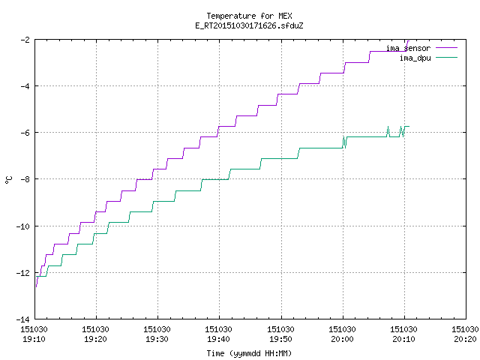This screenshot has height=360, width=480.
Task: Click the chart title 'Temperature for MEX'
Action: [249, 16]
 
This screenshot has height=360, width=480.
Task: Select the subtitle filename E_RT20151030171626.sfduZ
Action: [249, 25]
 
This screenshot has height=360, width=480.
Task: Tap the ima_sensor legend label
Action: [408, 48]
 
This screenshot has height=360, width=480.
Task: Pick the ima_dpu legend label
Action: [415, 58]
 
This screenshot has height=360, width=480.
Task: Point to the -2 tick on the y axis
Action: [25, 40]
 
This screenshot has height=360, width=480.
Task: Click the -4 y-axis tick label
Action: [25, 86]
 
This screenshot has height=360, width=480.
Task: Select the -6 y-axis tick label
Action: [25, 133]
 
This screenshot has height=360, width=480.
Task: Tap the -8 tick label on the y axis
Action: [25, 179]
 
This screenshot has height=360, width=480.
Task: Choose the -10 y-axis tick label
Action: [23, 226]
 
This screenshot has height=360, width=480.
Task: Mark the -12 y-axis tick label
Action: [23, 273]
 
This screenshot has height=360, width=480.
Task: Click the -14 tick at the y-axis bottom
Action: [23, 319]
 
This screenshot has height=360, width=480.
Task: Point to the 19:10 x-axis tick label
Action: [34, 339]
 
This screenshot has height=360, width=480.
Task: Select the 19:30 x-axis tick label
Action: [157, 339]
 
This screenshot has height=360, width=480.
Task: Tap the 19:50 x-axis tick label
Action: [280, 339]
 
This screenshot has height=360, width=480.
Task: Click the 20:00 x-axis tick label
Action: [342, 339]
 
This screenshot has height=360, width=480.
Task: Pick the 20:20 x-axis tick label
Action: [465, 339]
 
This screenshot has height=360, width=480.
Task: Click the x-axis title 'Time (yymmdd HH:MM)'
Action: [249, 353]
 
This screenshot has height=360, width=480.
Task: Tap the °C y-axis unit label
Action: [9, 180]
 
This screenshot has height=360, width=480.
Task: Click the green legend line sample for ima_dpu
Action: [447, 58]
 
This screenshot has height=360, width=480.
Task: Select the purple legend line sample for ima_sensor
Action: [447, 48]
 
